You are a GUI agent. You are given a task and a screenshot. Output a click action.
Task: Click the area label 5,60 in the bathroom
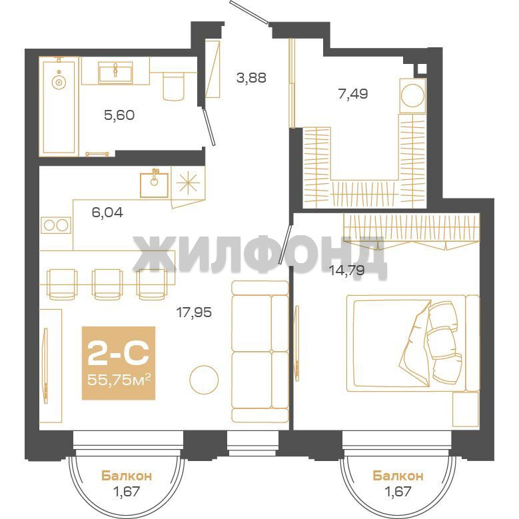tap(119, 115)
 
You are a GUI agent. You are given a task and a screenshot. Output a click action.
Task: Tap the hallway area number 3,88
tap(251, 78)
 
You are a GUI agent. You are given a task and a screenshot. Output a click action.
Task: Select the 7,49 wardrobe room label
tap(353, 94)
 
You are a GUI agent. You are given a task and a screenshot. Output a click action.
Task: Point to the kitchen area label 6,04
tap(107, 212)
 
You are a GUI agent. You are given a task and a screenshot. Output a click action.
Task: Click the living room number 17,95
tap(194, 312)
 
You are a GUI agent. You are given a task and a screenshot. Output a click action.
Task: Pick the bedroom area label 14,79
tap(347, 270)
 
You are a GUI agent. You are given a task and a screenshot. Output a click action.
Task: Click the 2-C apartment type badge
tap(118, 354)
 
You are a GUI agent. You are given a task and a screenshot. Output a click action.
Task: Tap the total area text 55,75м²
tap(119, 379)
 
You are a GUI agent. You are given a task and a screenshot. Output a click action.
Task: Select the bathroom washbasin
tap(115, 73)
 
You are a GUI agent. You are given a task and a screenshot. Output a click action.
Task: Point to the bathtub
tap(59, 106)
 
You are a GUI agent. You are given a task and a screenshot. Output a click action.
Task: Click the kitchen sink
tap(154, 185)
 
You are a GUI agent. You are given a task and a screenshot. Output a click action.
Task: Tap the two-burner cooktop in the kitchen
tap(56, 225)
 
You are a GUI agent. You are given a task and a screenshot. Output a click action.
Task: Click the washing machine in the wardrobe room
tap(412, 95)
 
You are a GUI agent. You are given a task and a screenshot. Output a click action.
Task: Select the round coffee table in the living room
tap(204, 380)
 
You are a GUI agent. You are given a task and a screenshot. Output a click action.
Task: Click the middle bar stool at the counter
tap(107, 284)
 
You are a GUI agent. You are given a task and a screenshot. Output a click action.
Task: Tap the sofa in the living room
tap(260, 351)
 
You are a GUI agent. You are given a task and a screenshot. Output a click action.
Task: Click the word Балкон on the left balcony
tap(127, 476)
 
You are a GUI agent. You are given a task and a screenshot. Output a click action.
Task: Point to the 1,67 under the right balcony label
tap(398, 491)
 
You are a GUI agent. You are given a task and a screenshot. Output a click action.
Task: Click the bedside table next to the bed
tap(466, 410)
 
